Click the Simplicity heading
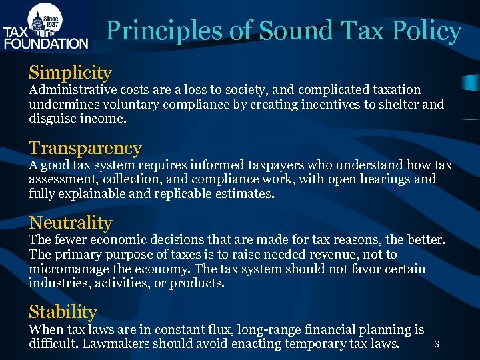tap(70, 73)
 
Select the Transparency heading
tap(85, 148)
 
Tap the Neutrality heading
tap(71, 223)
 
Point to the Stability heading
tap(63, 311)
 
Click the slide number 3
tap(436, 345)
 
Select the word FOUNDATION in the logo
tap(46, 43)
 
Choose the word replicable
tap(188, 194)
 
